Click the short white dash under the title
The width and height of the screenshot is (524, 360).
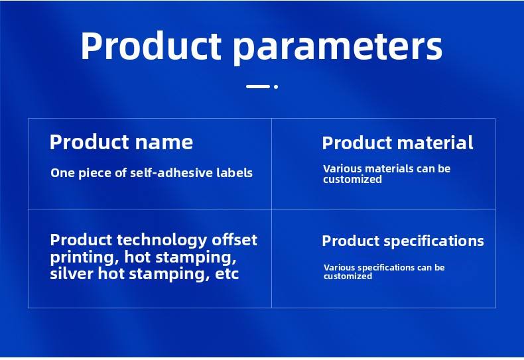[x=257, y=86]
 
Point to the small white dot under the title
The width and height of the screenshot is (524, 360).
[x=276, y=86]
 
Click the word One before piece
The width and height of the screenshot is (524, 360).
[x=63, y=173]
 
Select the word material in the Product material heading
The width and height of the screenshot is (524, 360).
[x=435, y=143]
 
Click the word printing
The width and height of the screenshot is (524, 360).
[x=85, y=257]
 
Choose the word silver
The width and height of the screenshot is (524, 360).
[x=72, y=274]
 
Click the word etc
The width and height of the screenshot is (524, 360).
[x=227, y=274]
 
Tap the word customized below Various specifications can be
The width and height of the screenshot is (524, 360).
[x=348, y=276]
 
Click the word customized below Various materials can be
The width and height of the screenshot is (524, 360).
[x=352, y=179]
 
